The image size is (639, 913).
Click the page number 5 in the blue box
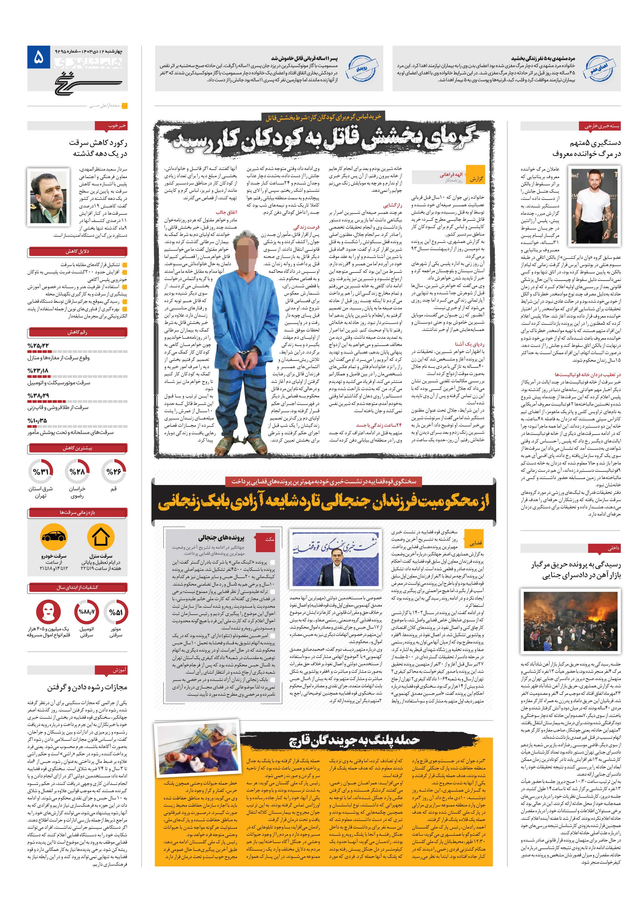click(39, 58)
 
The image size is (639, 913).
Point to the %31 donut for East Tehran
click(41, 472)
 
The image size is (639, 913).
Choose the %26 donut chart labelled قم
click(114, 472)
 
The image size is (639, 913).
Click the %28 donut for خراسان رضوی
click(77, 472)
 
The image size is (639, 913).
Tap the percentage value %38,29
click(38, 396)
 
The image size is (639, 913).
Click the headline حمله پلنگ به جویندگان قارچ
click(354, 740)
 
